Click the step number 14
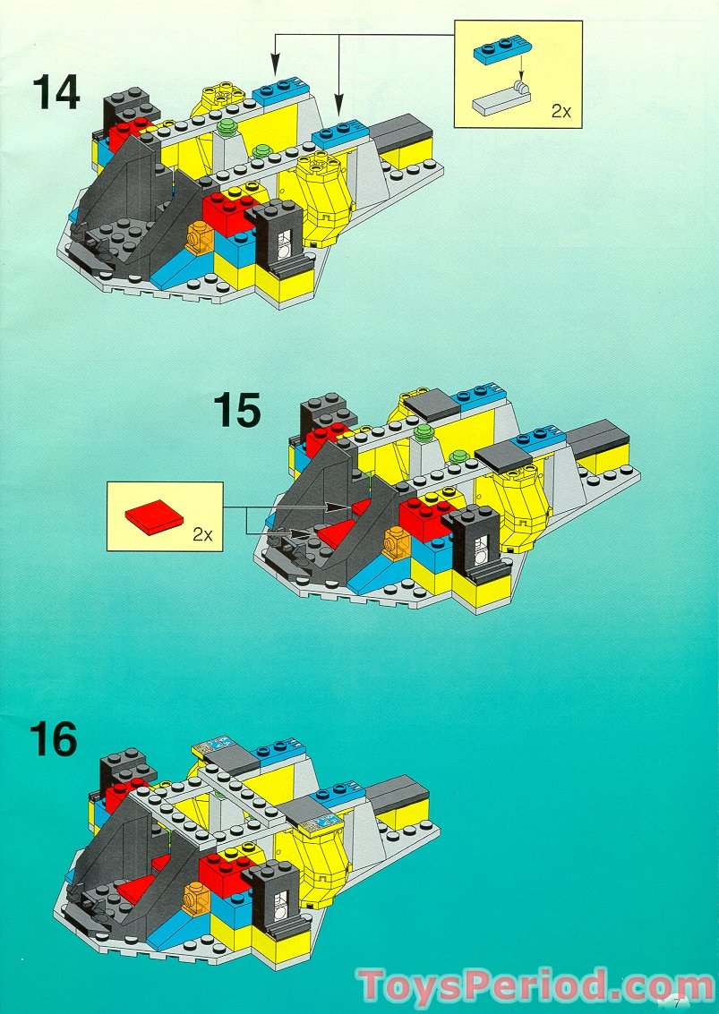pyautogui.click(x=56, y=93)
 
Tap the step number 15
pyautogui.click(x=237, y=412)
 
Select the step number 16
pyautogui.click(x=54, y=740)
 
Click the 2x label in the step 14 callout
pyautogui.click(x=561, y=111)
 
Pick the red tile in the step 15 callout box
pyautogui.click(x=155, y=517)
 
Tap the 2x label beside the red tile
pyautogui.click(x=202, y=534)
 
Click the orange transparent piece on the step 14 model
pyautogui.click(x=199, y=238)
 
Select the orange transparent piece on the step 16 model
pyautogui.click(x=196, y=896)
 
